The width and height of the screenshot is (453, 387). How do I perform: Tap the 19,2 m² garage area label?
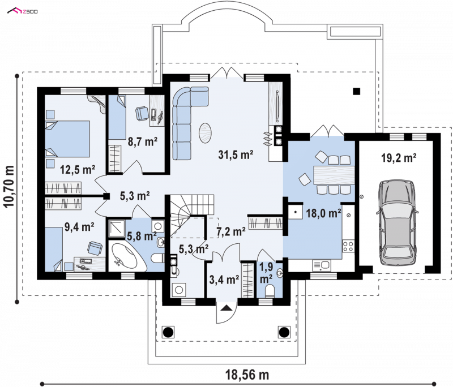click(399, 158)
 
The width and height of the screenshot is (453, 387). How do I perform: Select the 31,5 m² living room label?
click(236, 154)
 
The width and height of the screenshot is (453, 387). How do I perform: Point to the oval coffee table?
click(205, 133)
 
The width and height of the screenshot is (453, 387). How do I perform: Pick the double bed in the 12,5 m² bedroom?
click(67, 139)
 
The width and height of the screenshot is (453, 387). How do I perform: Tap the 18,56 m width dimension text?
click(247, 375)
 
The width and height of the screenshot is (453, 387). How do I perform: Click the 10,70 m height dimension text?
click(9, 186)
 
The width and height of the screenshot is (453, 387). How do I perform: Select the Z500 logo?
click(23, 11)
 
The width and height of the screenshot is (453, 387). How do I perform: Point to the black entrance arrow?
click(226, 308)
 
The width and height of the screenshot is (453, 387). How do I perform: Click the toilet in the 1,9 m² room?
click(270, 291)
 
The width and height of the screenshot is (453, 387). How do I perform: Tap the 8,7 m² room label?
click(143, 141)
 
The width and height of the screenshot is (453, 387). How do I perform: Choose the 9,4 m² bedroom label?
click(79, 227)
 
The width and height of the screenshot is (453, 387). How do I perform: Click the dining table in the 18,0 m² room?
click(334, 175)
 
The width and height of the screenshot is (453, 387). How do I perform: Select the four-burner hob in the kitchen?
click(348, 246)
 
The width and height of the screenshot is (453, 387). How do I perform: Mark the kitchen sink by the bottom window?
click(322, 265)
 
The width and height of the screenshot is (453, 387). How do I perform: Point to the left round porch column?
click(168, 332)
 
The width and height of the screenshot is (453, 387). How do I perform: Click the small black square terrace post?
click(357, 91)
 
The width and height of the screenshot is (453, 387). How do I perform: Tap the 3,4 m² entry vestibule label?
click(224, 279)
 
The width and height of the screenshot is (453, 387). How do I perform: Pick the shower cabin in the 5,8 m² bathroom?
click(117, 229)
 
